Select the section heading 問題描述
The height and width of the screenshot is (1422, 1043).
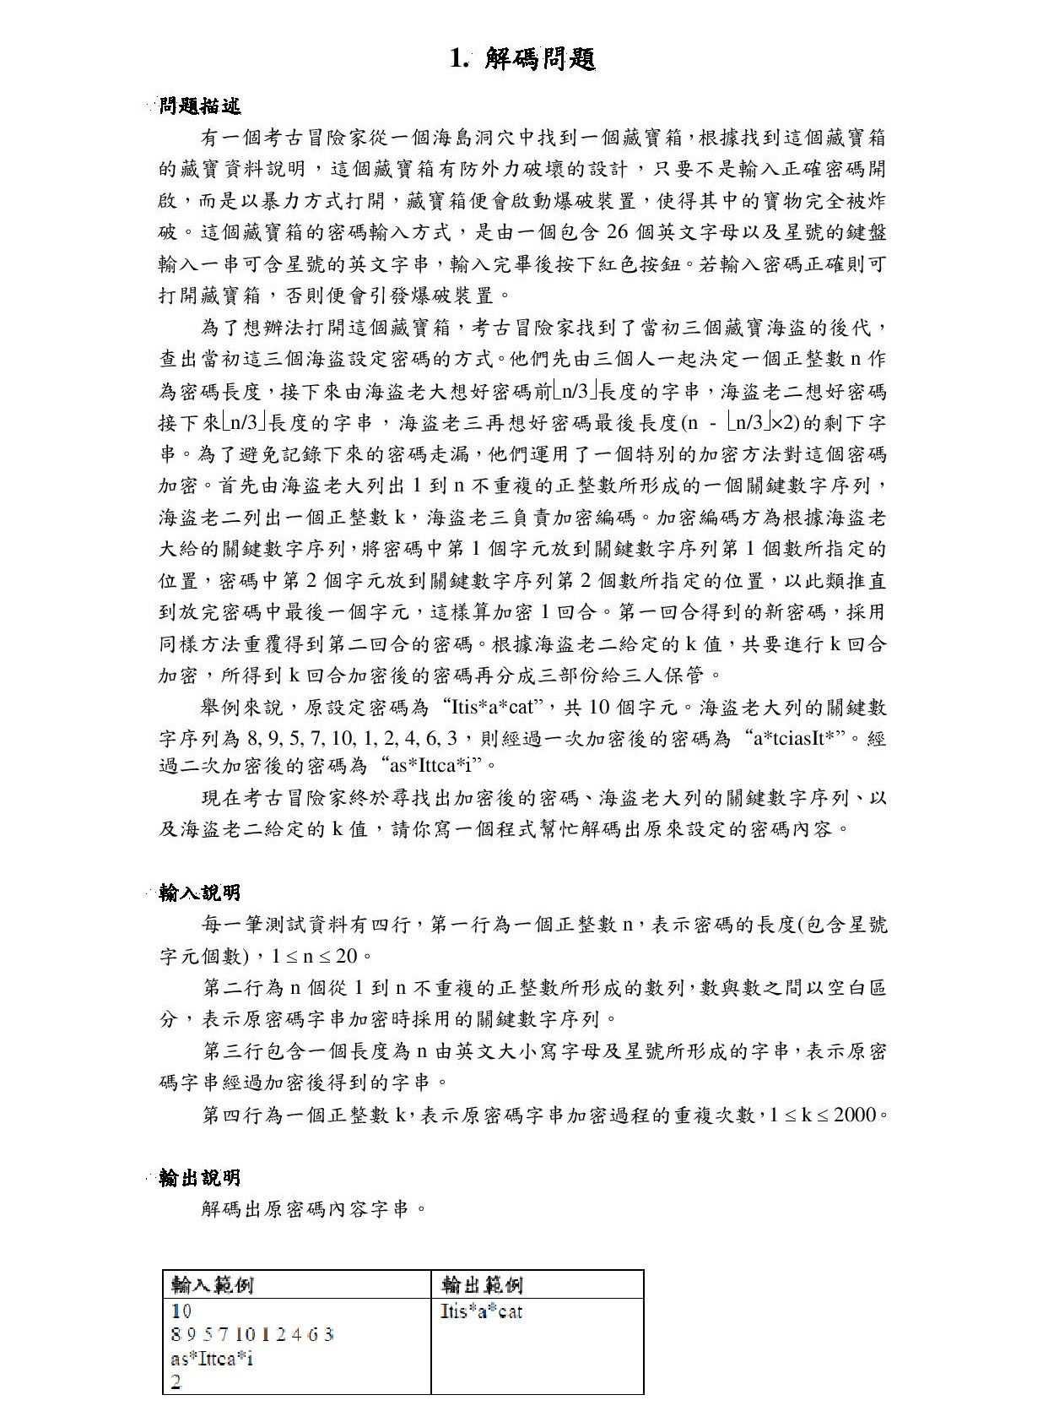tap(200, 106)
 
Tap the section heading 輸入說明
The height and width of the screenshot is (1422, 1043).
tap(200, 893)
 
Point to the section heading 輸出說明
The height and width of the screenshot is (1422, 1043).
tap(200, 1178)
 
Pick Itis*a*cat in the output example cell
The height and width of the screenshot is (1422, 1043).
tap(482, 1311)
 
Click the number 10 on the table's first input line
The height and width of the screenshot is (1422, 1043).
tap(181, 1311)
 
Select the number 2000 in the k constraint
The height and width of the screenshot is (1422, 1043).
tap(855, 1115)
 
